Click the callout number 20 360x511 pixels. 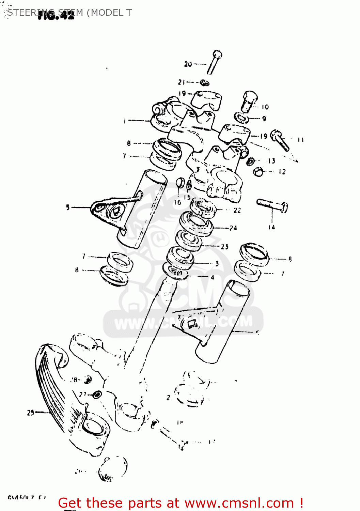tap(188, 64)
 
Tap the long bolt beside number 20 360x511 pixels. tap(214, 63)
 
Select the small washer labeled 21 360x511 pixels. tap(204, 82)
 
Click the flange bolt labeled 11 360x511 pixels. tap(280, 140)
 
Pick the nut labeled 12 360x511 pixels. tap(259, 172)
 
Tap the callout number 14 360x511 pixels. tap(271, 227)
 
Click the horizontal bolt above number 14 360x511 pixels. tap(272, 205)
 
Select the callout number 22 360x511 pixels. tap(237, 211)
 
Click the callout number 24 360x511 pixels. tap(233, 228)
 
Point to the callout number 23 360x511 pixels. tap(225, 246)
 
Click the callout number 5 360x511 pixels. tap(68, 207)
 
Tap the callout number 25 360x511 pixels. tap(31, 413)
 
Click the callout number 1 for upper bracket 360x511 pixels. tap(125, 121)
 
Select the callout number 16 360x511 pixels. tap(177, 202)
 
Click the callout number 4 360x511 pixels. tap(213, 277)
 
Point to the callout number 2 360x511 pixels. tap(168, 397)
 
